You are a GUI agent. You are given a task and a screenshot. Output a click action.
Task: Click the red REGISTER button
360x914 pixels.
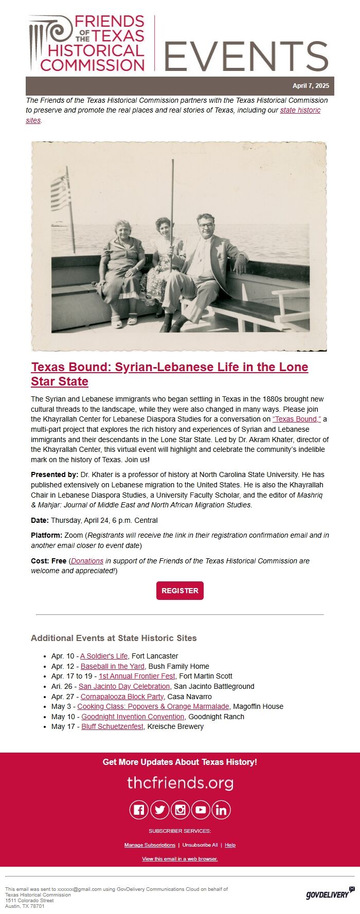180,591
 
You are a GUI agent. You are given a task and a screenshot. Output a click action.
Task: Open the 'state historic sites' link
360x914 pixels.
300,111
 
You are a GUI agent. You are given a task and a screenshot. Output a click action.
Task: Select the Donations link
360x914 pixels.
87,561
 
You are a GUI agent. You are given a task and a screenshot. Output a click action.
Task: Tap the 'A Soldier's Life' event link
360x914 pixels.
104,656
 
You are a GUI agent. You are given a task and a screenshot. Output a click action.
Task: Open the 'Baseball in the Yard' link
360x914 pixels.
113,666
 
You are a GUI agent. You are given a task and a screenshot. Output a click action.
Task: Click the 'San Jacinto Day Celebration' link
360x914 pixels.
124,686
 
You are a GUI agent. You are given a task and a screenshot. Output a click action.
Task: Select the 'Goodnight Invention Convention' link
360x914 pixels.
133,717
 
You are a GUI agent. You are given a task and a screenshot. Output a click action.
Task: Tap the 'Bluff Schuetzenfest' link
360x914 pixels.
112,726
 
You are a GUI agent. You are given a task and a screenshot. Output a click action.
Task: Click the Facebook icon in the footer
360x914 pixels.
139,810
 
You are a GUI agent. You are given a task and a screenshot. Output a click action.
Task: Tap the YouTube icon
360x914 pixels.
201,810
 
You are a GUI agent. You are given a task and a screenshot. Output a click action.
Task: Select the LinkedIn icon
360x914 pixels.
221,810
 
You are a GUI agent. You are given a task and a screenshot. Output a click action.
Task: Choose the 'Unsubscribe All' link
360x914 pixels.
200,845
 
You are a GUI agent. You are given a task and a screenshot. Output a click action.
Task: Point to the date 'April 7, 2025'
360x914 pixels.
311,86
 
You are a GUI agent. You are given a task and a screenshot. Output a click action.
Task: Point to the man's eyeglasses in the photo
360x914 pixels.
205,225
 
